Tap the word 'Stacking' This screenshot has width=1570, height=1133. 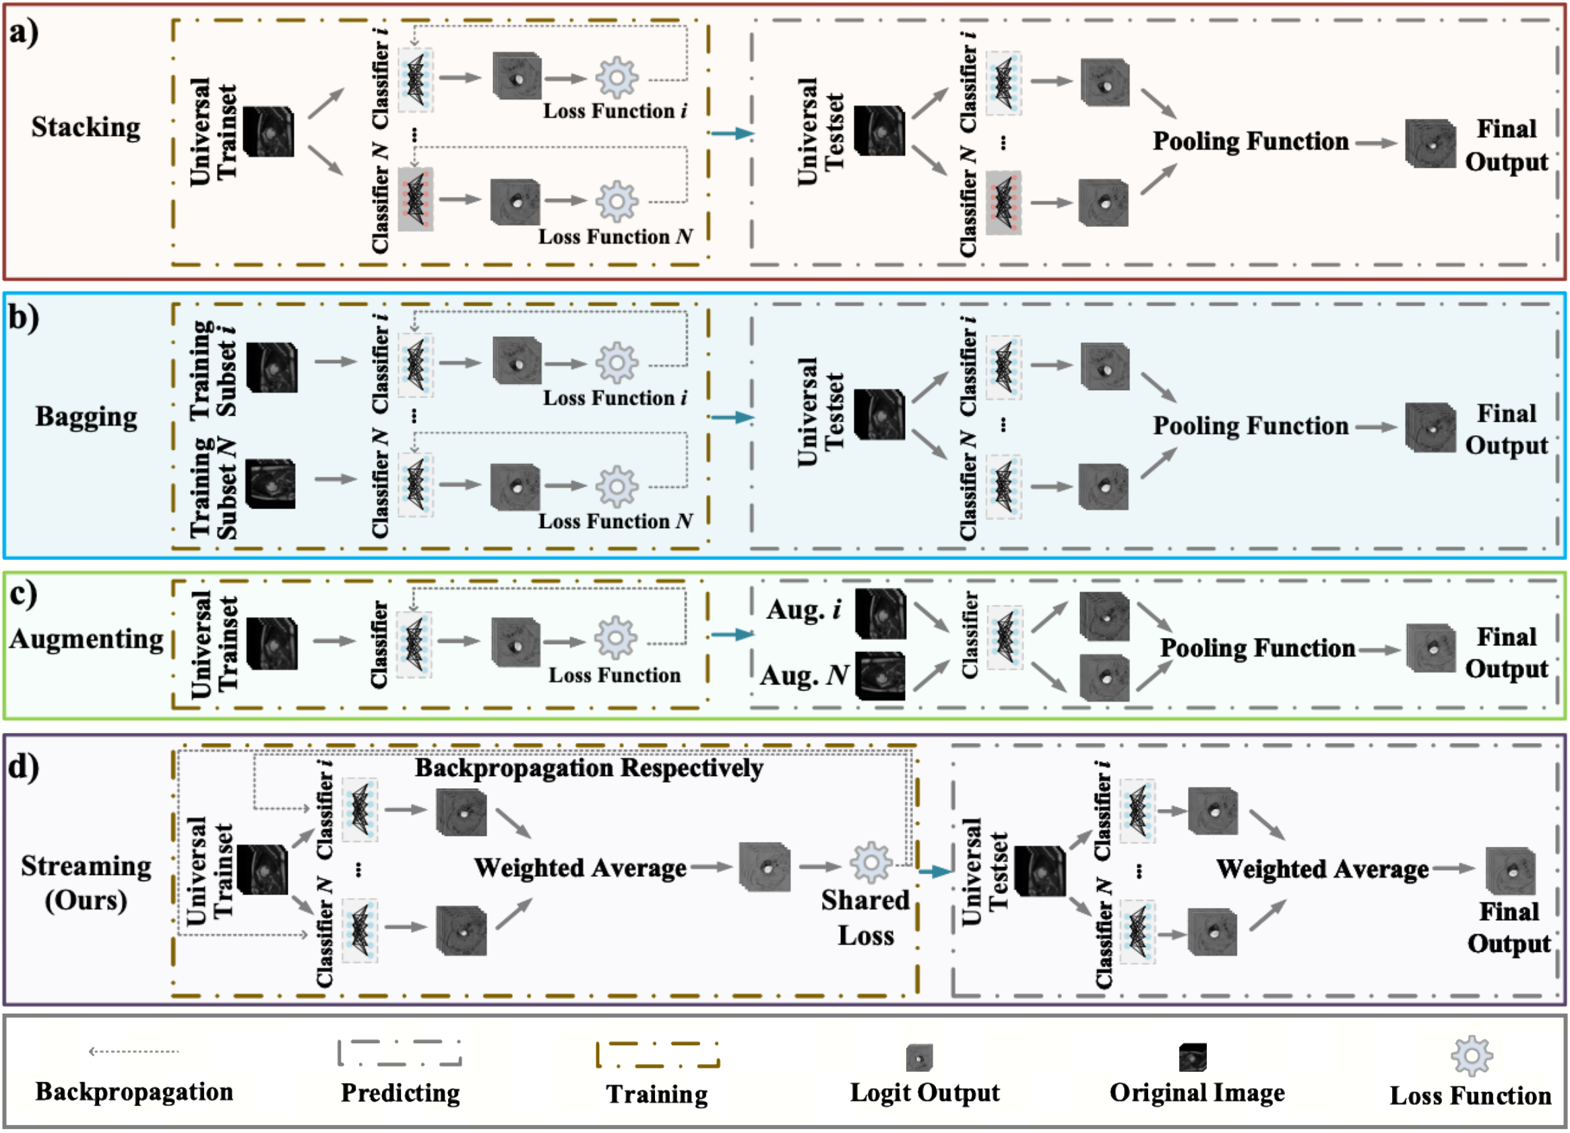[86, 127]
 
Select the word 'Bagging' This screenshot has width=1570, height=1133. [86, 417]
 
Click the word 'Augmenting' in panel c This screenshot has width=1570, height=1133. [86, 639]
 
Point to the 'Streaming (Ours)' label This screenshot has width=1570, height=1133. [86, 883]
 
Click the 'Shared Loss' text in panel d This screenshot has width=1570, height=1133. [865, 917]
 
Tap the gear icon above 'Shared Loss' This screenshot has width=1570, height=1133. [870, 862]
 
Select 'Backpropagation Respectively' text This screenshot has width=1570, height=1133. [588, 769]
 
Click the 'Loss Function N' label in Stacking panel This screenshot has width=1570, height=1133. [615, 237]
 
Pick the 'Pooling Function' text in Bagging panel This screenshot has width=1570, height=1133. [1250, 426]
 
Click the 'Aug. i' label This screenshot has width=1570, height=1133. [804, 610]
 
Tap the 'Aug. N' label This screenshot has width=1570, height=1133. [804, 675]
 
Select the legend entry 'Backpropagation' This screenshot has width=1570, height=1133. [133, 1092]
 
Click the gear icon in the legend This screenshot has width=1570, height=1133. [1471, 1056]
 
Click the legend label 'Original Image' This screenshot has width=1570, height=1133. [1197, 1093]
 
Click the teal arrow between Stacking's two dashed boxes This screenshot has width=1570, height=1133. [732, 133]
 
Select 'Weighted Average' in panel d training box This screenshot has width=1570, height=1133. [580, 868]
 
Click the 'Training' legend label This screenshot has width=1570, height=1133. [657, 1094]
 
